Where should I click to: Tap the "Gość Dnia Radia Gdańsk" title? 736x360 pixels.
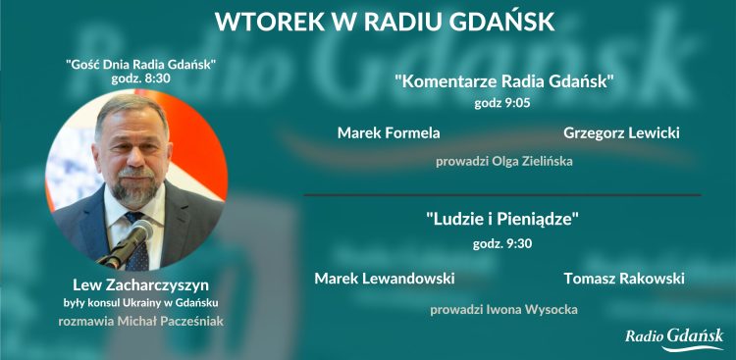140,64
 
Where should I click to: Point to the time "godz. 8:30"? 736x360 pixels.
141,77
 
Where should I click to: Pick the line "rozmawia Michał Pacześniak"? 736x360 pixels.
139,322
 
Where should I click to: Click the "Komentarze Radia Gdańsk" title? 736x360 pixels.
503,81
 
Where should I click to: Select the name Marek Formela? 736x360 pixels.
389,132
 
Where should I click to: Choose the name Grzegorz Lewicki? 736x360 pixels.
622,132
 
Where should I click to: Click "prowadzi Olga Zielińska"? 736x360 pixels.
503,161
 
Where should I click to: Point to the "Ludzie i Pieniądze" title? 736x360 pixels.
502,220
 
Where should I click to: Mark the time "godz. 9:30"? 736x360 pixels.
502,243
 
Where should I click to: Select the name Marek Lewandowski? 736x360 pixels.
385,279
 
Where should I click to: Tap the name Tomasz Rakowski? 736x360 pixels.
624,279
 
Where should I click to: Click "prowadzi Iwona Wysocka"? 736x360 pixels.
503,310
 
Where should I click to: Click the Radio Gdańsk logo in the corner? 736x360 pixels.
674,338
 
